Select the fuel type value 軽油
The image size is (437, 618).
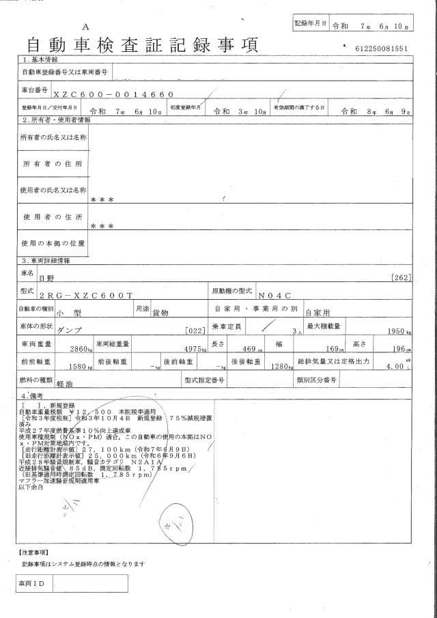tap(66, 384)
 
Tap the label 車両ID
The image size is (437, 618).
tap(32, 584)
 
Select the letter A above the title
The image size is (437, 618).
tap(85, 25)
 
